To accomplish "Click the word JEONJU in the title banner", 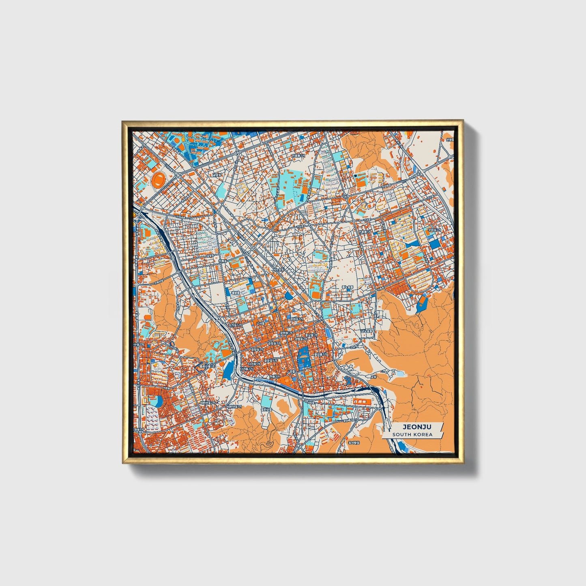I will click(x=412, y=427).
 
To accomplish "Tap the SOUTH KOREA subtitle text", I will click(x=412, y=435).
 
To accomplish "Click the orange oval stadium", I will click(x=159, y=179).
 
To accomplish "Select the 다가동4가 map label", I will click(x=235, y=325).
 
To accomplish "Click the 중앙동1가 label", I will click(x=257, y=349).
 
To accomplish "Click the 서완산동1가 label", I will click(x=234, y=406).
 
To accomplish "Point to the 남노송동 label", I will click(x=367, y=331).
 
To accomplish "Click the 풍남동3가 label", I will click(x=320, y=354).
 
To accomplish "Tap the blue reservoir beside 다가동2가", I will click(x=229, y=370).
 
